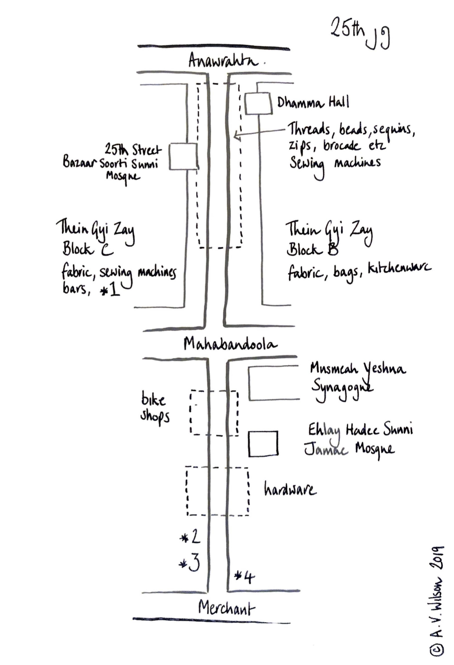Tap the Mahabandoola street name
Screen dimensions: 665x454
[230, 344]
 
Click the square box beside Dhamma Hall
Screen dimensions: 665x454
[258, 104]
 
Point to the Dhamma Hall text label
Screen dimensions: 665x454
[313, 102]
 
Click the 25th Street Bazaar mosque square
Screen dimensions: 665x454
[183, 156]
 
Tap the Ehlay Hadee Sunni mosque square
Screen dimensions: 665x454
[263, 444]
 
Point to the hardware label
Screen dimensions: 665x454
[290, 490]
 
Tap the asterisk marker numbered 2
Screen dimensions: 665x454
[190, 537]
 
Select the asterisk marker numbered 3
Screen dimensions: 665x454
[189, 563]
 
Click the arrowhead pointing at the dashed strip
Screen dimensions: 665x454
[236, 135]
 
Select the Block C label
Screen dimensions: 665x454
[88, 249]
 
